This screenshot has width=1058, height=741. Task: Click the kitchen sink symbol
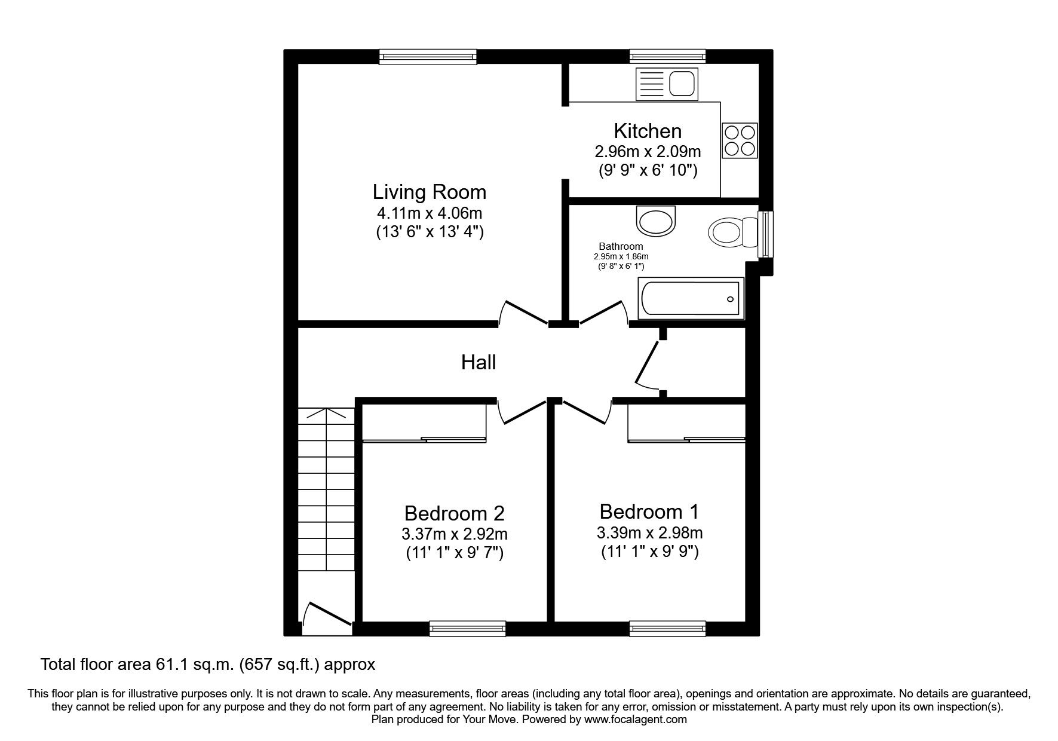click(666, 83)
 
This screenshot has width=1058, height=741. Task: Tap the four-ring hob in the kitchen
click(740, 140)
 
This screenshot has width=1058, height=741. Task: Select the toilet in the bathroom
click(731, 232)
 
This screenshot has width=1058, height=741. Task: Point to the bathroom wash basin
click(656, 221)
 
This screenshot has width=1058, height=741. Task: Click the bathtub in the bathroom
click(691, 298)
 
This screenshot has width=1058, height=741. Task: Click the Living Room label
click(429, 192)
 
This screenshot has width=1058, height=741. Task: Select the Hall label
click(478, 362)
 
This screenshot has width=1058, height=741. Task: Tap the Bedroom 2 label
click(454, 513)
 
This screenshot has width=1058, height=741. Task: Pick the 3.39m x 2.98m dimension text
click(649, 532)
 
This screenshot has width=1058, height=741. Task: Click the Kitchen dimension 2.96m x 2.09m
click(648, 151)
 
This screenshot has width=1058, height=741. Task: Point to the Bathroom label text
click(621, 246)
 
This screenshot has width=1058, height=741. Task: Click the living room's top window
click(428, 57)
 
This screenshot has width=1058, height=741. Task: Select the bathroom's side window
click(764, 234)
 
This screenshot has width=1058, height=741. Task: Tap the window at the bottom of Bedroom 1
click(667, 627)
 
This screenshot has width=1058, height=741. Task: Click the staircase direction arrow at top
click(326, 412)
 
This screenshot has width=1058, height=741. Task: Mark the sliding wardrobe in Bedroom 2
click(424, 439)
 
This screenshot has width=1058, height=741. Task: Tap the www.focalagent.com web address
click(635, 719)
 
